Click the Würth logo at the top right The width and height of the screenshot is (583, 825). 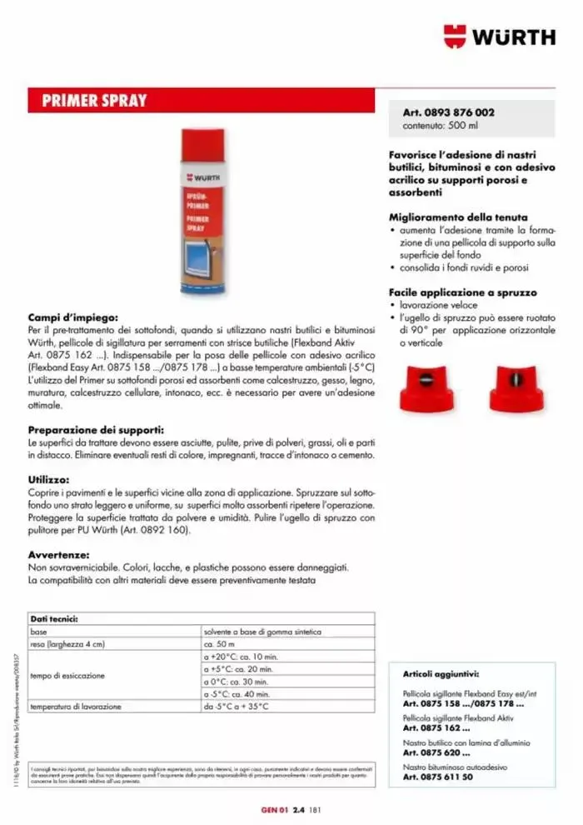[x=498, y=37]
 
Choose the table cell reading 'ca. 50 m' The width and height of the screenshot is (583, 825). [x=222, y=644]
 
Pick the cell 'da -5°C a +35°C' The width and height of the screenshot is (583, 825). [x=237, y=707]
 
